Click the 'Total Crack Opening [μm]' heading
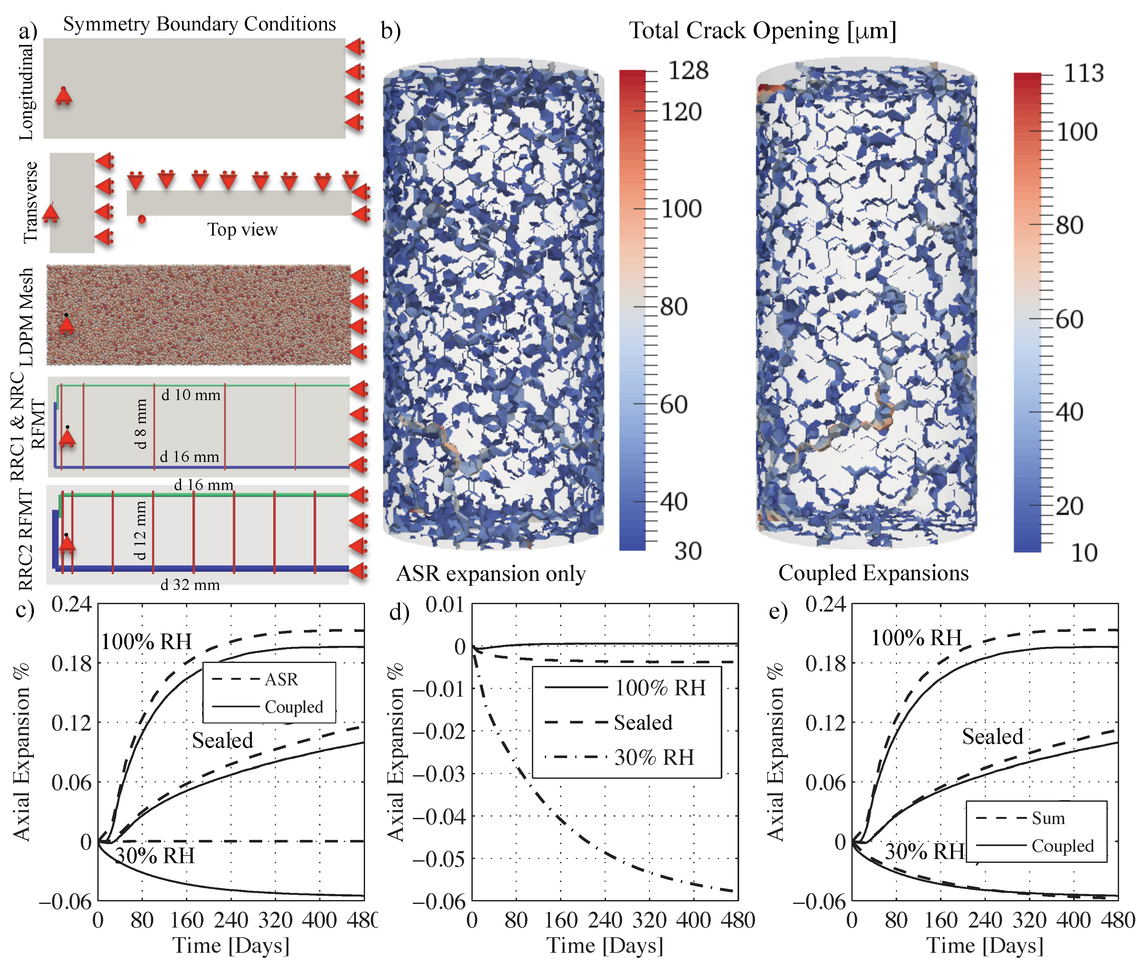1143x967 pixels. click(x=762, y=31)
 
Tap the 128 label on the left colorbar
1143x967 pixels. click(x=688, y=71)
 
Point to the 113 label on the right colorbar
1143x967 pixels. click(x=1083, y=73)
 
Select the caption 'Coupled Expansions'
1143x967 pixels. click(x=873, y=573)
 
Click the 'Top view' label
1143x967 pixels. click(x=242, y=229)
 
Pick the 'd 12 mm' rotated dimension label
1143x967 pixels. click(x=140, y=530)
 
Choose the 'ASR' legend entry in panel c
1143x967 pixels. click(x=281, y=680)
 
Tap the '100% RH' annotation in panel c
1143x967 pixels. click(x=146, y=641)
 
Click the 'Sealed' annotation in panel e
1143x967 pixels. click(x=992, y=736)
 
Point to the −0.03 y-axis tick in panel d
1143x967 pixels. click(x=438, y=774)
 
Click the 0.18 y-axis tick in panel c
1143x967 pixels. click(x=71, y=663)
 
